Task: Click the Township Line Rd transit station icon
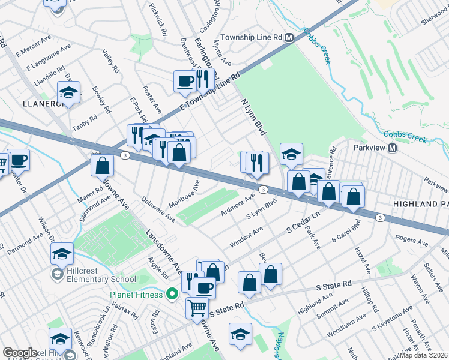pyautogui.click(x=289, y=37)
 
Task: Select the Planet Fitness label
pyautogui.click(x=136, y=295)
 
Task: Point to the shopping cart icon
pyautogui.click(x=197, y=308)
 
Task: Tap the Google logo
pyautogui.click(x=20, y=353)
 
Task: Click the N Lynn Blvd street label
pyautogui.click(x=253, y=116)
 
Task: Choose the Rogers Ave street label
pyautogui.click(x=411, y=241)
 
